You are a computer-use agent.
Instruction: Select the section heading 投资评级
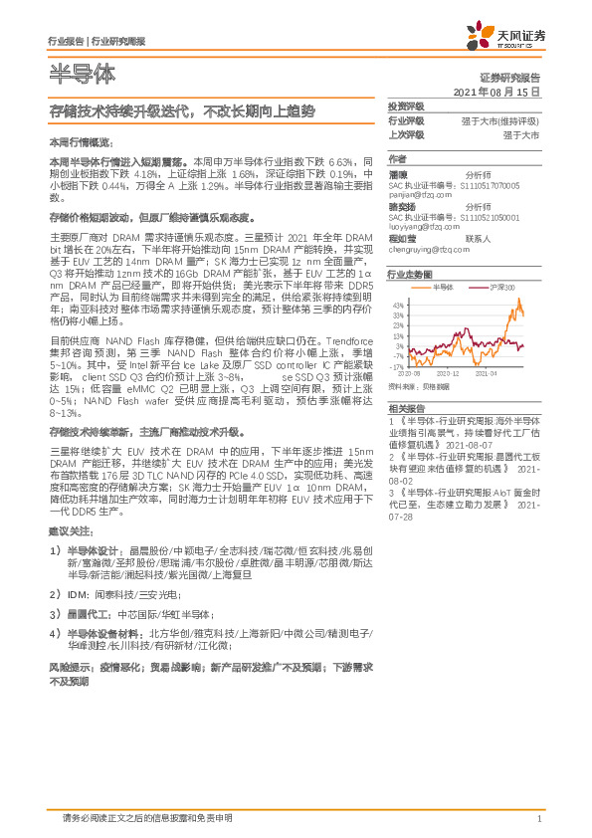(405, 105)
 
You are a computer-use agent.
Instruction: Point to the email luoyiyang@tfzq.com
(421, 226)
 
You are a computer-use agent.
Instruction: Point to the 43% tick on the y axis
(397, 303)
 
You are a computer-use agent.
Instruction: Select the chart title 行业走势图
(409, 273)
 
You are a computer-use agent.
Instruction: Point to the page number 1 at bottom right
(538, 818)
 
